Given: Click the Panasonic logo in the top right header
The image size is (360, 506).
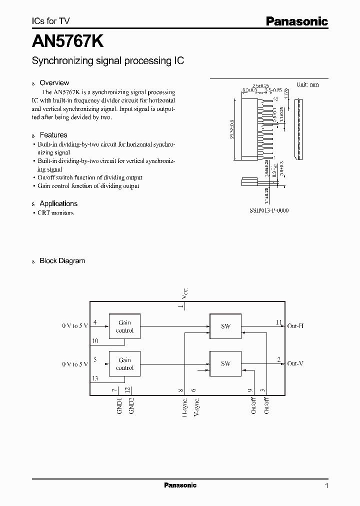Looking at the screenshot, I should click(296, 21).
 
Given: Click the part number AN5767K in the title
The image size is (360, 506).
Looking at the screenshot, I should click(68, 39).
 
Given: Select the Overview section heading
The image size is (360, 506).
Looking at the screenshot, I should click(54, 82).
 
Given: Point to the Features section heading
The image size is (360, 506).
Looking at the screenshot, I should click(53, 135).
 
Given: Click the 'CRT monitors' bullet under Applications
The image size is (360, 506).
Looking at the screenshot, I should click(55, 213).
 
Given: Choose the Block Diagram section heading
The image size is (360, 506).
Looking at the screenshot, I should click(62, 260).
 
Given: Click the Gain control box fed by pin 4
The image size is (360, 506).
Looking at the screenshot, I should click(124, 326).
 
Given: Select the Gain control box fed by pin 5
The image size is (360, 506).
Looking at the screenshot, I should click(124, 363).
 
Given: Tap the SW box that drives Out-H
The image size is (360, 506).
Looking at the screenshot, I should click(225, 326).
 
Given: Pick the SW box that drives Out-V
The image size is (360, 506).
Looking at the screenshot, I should click(225, 363).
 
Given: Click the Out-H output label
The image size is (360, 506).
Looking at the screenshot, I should click(295, 326).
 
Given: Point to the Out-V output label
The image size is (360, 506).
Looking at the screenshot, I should click(295, 363).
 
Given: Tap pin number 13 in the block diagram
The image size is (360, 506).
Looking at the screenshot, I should click(95, 379).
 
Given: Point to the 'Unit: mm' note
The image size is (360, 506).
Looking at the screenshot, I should click(307, 84).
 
